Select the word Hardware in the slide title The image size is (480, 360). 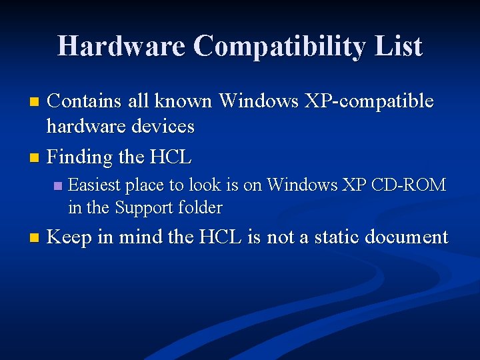pos(121,47)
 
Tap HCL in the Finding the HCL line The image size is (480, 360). pos(171,157)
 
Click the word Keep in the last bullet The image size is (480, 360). pos(70,237)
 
